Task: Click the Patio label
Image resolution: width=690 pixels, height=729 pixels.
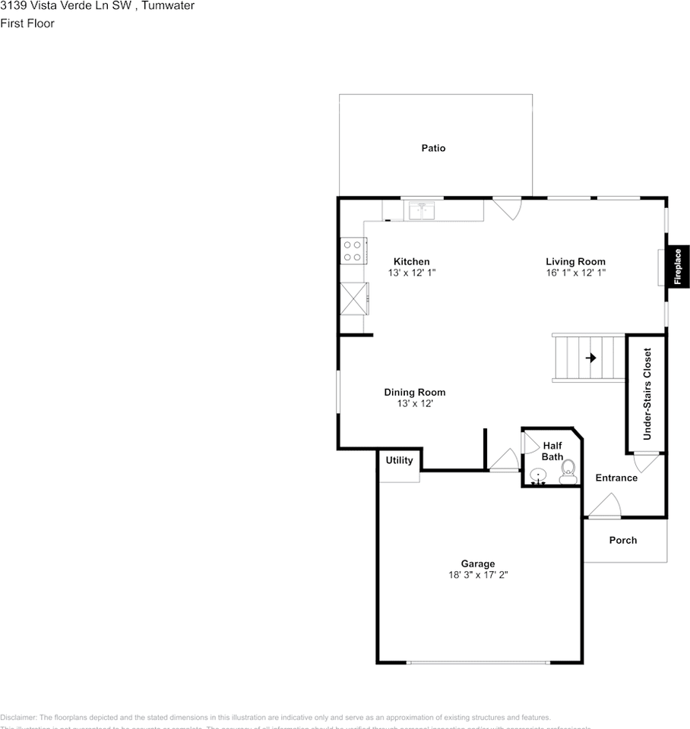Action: coord(433,148)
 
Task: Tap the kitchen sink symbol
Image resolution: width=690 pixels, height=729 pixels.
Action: coord(420,210)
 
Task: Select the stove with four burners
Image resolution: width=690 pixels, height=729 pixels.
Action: coord(353,251)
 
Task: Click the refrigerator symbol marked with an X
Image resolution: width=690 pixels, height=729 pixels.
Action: coord(354,297)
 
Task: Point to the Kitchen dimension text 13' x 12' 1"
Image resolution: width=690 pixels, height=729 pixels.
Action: coord(411,273)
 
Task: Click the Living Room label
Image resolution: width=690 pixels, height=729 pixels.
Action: coord(575,262)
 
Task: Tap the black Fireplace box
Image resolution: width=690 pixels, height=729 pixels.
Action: coord(678,267)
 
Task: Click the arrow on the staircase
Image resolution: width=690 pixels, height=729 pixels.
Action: coord(590,357)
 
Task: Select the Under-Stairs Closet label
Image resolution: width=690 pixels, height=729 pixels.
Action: coord(647,394)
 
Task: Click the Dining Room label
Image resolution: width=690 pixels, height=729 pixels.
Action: coord(414,393)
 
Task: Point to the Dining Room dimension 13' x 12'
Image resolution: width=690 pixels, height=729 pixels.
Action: coord(414,404)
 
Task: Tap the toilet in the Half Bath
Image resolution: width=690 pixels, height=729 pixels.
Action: coord(567,472)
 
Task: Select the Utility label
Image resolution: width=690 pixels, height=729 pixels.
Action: coord(399,461)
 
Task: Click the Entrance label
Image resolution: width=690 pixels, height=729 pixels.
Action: coord(616,478)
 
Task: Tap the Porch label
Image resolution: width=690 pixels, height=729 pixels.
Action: coord(623,541)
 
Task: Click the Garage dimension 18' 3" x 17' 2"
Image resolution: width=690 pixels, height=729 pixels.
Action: coord(478,575)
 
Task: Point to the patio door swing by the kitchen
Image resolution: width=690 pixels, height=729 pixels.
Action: coord(508,207)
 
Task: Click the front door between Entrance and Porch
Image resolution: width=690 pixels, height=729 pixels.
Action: coord(605,507)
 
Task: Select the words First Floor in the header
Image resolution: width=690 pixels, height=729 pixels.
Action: coord(27,24)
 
